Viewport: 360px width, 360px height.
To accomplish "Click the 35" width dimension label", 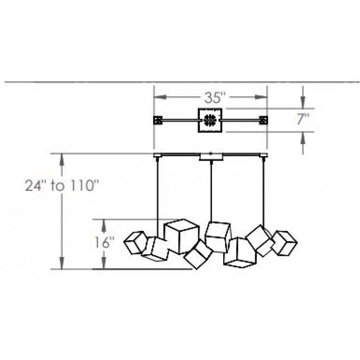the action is tap(212, 97).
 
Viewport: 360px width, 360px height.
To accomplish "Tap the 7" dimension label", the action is tap(303, 120).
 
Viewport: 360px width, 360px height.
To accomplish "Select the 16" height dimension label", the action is tap(104, 243).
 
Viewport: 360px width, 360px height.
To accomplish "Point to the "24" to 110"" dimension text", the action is tap(62, 185).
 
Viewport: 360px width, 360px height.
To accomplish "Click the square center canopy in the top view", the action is tap(210, 120).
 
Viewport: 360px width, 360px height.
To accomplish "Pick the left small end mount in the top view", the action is tap(158, 120).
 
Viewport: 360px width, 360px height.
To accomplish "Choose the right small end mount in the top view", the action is tap(263, 120).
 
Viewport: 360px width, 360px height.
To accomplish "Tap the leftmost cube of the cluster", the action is tap(135, 243).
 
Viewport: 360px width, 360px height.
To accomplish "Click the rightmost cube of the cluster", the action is tap(284, 243).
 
